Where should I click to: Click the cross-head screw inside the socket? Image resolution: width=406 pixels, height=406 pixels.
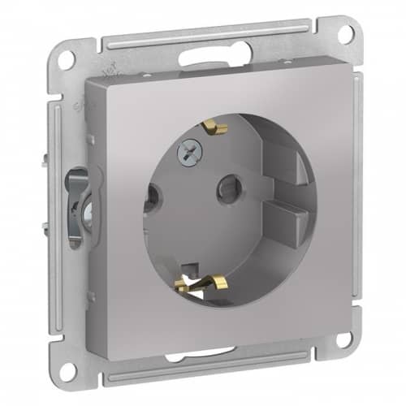coord(185,150)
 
